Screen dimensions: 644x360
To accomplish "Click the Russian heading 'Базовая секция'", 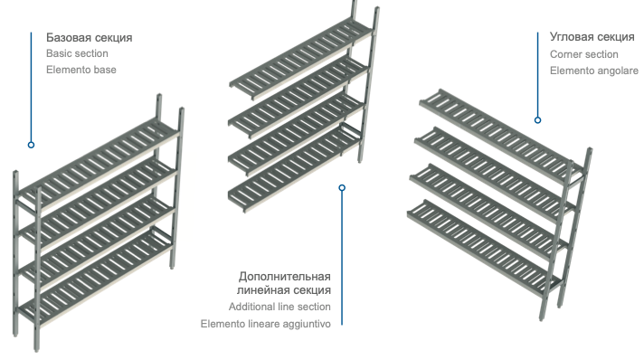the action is pyautogui.click(x=90, y=37).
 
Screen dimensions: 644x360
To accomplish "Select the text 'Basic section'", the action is pyautogui.click(x=77, y=53).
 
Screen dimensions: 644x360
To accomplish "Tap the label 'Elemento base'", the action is pyautogui.click(x=81, y=70).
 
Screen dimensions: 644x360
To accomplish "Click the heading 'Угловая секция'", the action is pyautogui.click(x=592, y=36).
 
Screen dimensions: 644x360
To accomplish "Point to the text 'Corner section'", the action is pyautogui.click(x=584, y=54).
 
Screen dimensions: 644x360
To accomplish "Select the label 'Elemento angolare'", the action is pyautogui.click(x=594, y=71).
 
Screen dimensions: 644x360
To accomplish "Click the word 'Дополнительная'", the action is pyautogui.click(x=285, y=276).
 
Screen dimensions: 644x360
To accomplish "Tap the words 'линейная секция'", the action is pyautogui.click(x=284, y=289).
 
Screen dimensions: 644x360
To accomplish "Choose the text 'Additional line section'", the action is pyautogui.click(x=279, y=307).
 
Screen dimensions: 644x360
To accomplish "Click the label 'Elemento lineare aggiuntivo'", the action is pyautogui.click(x=266, y=324).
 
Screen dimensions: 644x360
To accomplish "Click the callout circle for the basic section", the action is pyautogui.click(x=31, y=145).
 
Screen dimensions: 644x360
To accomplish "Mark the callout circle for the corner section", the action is pyautogui.click(x=537, y=120).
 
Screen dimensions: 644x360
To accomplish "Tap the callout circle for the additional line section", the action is pyautogui.click(x=342, y=188).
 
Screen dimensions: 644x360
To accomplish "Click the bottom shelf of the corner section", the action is pyautogui.click(x=486, y=247).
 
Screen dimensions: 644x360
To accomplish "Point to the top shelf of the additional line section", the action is pyautogui.click(x=302, y=58).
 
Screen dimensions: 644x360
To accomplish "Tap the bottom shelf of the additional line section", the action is pyautogui.click(x=295, y=168).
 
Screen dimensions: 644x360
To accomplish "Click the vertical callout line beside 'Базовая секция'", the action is pyautogui.click(x=31, y=87).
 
